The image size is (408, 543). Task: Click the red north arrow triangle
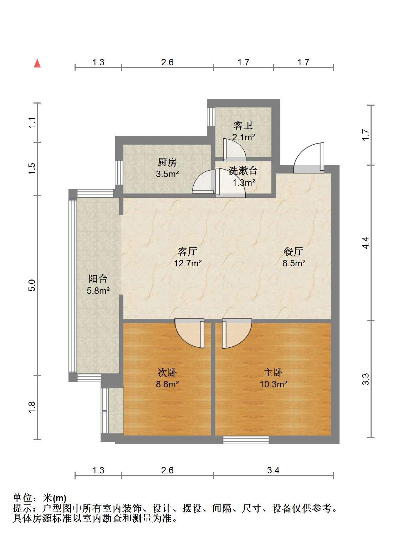(x=37, y=63)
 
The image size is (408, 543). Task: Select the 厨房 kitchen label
(x=167, y=162)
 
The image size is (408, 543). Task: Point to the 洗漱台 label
(x=243, y=171)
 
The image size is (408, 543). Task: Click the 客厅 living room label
(x=188, y=251)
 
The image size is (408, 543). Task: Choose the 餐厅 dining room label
(x=294, y=251)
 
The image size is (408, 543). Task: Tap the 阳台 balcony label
(x=98, y=279)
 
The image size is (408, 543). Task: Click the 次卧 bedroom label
(x=167, y=373)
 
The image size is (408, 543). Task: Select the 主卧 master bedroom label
(x=273, y=373)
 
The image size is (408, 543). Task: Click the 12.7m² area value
(x=188, y=263)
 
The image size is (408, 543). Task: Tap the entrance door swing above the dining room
(x=308, y=158)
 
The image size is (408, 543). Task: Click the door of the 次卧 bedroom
(x=189, y=333)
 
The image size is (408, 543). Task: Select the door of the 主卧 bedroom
(x=237, y=333)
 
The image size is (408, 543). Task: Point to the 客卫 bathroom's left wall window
(x=211, y=116)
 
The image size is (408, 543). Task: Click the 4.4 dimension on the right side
(x=366, y=243)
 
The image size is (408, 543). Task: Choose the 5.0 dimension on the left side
(x=32, y=285)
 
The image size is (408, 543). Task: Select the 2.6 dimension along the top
(x=167, y=62)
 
